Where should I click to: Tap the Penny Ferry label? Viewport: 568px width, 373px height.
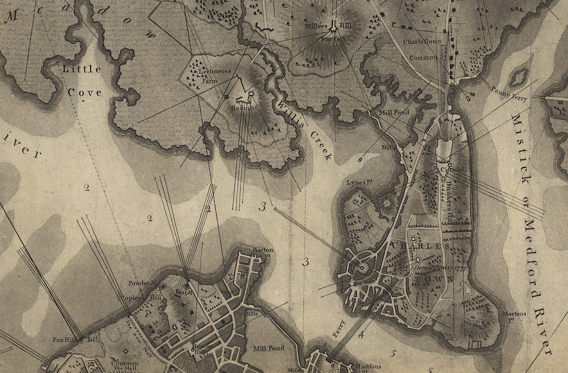click(x=509, y=93)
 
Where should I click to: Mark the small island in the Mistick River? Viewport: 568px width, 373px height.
click(x=518, y=77)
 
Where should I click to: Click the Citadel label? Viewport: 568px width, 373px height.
click(x=452, y=170)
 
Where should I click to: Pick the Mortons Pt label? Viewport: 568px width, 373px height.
click(x=514, y=316)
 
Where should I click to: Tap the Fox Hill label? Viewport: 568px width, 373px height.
click(x=66, y=340)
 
